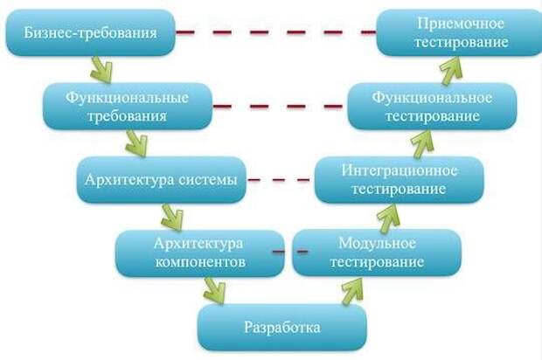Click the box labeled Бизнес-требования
pyautogui.click(x=91, y=32)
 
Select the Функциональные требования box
pyautogui.click(x=128, y=107)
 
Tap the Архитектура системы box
pyautogui.click(x=162, y=180)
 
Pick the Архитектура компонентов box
pyautogui.click(x=200, y=253)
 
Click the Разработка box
pyautogui.click(x=282, y=328)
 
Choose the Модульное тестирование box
pyautogui.click(x=377, y=253)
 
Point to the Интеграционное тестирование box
pyautogui.click(x=400, y=180)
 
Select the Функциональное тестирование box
pyautogui.click(x=433, y=107)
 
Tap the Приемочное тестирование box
pyautogui.click(x=460, y=32)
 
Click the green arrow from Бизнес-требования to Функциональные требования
pyautogui.click(x=101, y=70)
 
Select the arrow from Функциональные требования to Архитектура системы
pyautogui.click(x=137, y=143)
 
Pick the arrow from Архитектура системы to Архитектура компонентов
pyautogui.click(x=172, y=217)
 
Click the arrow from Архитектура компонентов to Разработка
pyautogui.click(x=215, y=291)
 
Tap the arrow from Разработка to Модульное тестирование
pyautogui.click(x=352, y=291)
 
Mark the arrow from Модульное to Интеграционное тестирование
pyautogui.click(x=388, y=217)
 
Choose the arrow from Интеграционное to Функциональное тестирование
pyautogui.click(x=422, y=143)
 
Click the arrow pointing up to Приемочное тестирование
pyautogui.click(x=451, y=70)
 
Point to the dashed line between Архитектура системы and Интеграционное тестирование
pyautogui.click(x=280, y=180)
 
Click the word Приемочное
pyautogui.click(x=461, y=24)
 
